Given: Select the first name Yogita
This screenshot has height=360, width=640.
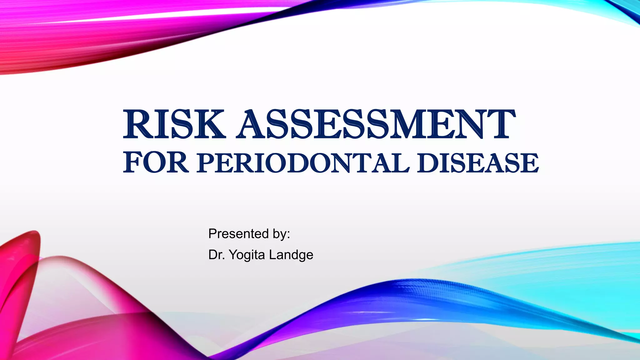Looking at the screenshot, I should pyautogui.click(x=247, y=255).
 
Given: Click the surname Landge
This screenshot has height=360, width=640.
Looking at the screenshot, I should pyautogui.click(x=291, y=255).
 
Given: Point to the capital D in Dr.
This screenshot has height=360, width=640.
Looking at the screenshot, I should pyautogui.click(x=212, y=254).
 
